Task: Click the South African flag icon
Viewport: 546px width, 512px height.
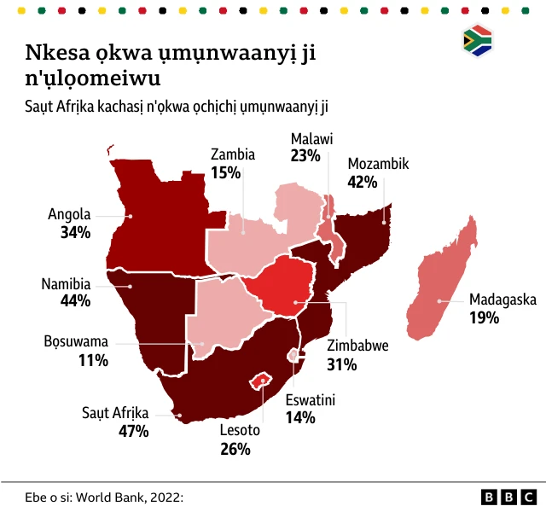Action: (477, 41)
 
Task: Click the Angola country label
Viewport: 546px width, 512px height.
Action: (69, 215)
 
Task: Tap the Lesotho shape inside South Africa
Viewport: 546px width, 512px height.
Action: (260, 379)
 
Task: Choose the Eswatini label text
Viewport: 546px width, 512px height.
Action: (311, 399)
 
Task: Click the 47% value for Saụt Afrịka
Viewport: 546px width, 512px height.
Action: (133, 431)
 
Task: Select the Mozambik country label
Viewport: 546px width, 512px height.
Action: (379, 164)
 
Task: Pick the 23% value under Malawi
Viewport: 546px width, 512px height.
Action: (305, 155)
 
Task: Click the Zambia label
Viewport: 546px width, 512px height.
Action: (233, 154)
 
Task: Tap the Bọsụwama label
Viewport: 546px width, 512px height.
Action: (77, 342)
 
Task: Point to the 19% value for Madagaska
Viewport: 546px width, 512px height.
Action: (484, 317)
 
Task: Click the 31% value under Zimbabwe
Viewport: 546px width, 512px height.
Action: (343, 364)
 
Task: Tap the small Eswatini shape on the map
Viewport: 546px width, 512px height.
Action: (293, 354)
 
